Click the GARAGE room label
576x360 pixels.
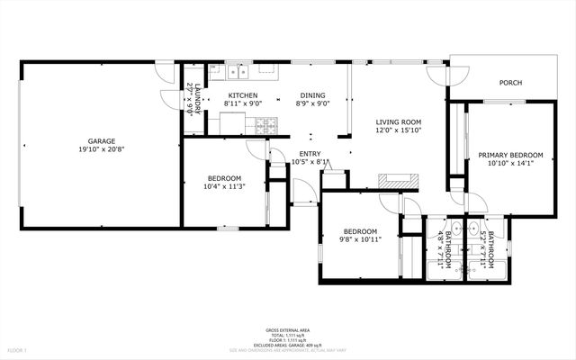point(100,140)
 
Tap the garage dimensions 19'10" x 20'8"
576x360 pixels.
point(100,149)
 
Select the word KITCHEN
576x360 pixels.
point(242,95)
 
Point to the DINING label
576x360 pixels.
point(313,95)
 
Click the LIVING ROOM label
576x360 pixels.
point(398,121)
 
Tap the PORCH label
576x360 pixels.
point(510,83)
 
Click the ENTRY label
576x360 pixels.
point(310,154)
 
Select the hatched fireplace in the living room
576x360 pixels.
point(397,180)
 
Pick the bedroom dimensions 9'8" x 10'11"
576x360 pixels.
point(359,238)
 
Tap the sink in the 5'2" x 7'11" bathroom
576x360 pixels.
point(474,228)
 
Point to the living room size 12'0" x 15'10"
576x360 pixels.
point(398,130)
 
